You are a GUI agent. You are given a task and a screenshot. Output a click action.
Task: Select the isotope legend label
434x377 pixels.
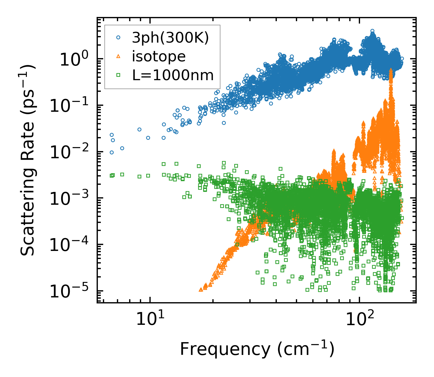[x=159, y=56]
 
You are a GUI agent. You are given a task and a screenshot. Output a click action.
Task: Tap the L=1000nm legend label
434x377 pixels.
[x=173, y=75]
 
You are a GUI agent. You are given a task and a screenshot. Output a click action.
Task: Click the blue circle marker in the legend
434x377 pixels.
[x=118, y=38]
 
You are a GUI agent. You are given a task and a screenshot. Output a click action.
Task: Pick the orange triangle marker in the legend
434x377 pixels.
[x=118, y=56]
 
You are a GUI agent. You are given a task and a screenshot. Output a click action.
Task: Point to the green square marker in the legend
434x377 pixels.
[x=118, y=75]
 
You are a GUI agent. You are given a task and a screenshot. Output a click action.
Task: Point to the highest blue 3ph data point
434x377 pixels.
[x=372, y=31]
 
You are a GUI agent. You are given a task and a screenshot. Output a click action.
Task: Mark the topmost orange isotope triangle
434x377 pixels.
[x=391, y=70]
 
